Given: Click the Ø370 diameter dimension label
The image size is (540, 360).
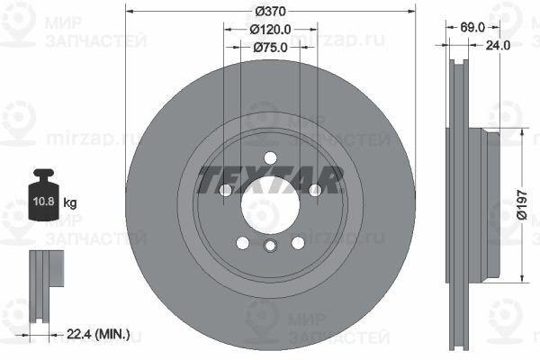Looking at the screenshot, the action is click(270, 12).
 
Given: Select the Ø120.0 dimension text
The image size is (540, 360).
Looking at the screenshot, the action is click(270, 30).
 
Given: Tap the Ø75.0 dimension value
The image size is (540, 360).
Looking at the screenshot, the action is click(270, 47).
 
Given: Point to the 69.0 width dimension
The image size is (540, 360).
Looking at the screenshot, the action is click(472, 28).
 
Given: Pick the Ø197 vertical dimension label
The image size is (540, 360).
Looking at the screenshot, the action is click(522, 204).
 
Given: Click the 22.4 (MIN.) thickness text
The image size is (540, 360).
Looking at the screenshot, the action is click(98, 334).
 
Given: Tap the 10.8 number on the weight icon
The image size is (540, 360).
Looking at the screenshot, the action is click(44, 202).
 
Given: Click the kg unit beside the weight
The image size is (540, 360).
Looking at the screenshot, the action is click(70, 202).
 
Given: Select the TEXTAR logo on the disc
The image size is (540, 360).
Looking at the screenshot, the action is click(270, 180).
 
